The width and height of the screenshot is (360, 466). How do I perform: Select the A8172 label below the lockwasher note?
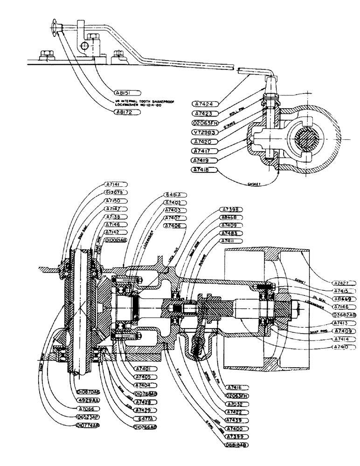125,113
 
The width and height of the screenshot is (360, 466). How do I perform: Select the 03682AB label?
345,315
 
